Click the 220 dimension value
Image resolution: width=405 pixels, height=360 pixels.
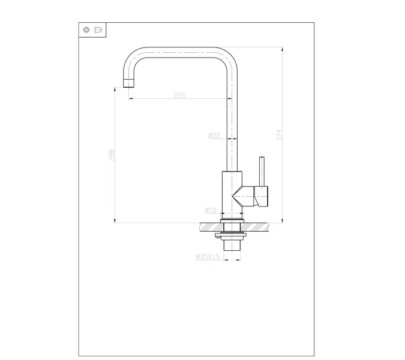point(179,95)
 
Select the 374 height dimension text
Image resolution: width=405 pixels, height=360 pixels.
point(279,135)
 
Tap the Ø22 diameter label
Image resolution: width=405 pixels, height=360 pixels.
point(214,136)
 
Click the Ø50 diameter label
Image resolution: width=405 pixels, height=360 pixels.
point(210,210)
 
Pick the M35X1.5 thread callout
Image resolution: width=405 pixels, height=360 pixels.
point(208,256)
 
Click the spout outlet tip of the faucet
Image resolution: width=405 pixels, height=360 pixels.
point(128,83)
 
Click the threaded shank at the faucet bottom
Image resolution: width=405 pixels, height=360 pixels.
point(232,245)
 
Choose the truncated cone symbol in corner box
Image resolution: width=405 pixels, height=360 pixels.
point(98,30)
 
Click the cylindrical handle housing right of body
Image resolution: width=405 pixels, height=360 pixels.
point(263,196)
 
